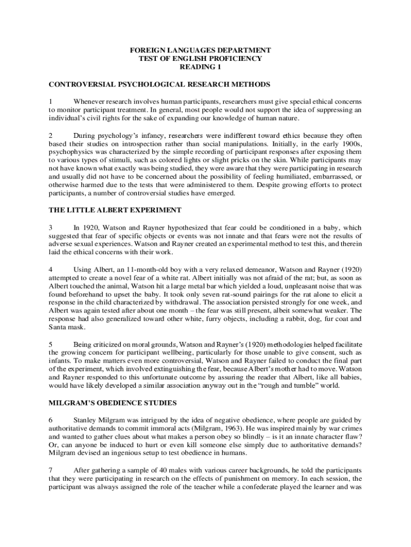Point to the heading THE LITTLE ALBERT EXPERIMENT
coord(115,210)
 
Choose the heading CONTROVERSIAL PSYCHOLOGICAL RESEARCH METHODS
coord(159,84)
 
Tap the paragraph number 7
coord(51,470)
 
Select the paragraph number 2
coord(51,136)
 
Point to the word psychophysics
coord(70,152)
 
